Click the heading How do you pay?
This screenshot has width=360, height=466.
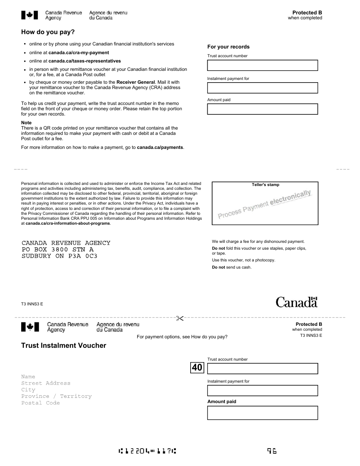48,32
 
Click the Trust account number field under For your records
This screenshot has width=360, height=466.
262,66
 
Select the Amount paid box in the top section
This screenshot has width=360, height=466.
262,109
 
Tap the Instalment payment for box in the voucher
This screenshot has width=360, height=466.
262,391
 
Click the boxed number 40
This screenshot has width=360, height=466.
197,367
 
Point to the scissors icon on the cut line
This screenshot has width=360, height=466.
180,318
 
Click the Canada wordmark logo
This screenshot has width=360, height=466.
296,302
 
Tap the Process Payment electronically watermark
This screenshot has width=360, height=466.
264,204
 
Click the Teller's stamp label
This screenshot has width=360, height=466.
265,185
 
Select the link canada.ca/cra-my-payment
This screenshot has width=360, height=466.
78,53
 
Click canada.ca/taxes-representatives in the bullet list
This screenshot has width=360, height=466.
85,61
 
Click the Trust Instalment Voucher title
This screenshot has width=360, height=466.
64,346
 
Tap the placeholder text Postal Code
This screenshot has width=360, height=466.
41,403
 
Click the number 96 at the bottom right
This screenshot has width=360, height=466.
272,451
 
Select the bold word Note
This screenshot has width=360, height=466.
26,123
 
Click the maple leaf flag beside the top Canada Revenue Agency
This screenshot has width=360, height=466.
30,15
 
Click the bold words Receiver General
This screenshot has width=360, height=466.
135,82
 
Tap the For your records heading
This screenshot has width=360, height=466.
228,47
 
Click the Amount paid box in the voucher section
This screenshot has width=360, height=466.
262,413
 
